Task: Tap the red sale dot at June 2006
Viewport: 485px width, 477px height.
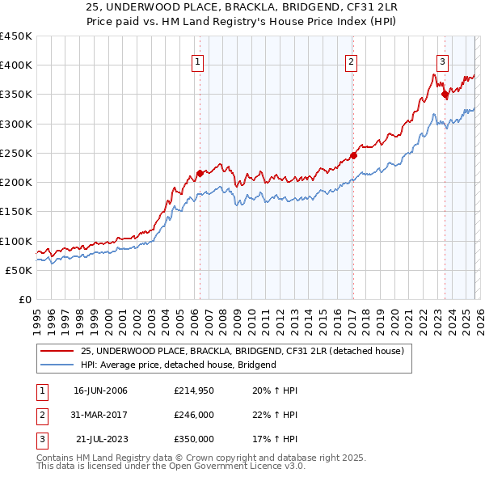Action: (200, 174)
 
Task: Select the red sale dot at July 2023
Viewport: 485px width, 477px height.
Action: (444, 95)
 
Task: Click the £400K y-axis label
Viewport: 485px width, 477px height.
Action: (16, 65)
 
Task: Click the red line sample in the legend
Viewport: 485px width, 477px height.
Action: (57, 351)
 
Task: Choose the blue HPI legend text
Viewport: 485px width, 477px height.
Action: (179, 365)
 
